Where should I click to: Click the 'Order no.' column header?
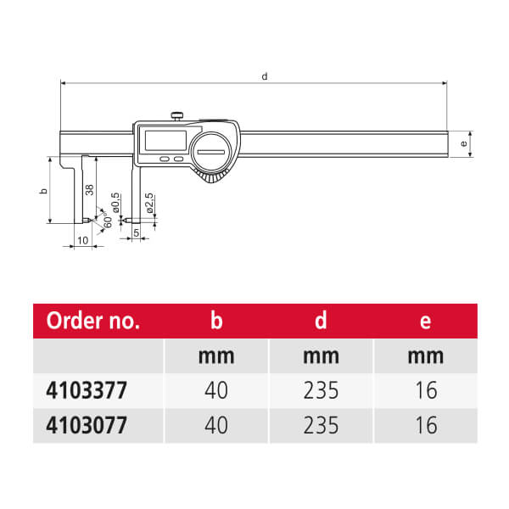click(93, 321)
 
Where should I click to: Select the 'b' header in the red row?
click(216, 321)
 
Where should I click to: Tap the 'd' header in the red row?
click(321, 321)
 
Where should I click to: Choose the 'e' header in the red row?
click(425, 322)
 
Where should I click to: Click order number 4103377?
click(87, 390)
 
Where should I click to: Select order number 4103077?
click(87, 425)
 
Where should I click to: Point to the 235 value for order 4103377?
click(321, 390)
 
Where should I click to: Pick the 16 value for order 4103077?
click(426, 425)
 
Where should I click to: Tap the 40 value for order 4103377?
click(216, 390)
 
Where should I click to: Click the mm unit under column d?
click(321, 356)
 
